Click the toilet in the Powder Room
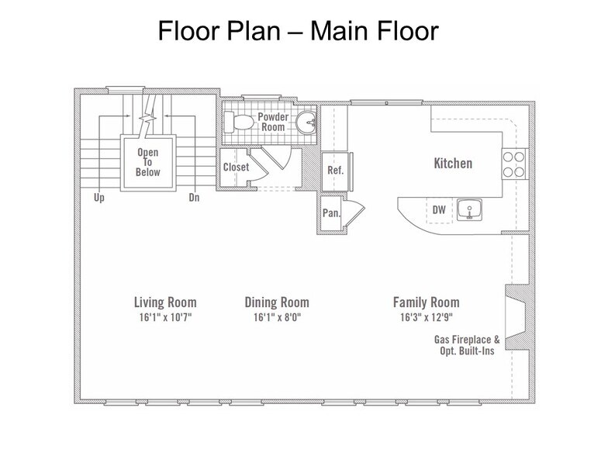[239, 122]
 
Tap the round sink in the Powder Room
[306, 122]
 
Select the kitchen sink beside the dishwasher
[469, 209]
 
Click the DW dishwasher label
[439, 209]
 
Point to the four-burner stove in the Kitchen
[513, 164]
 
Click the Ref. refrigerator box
[335, 171]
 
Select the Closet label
[236, 168]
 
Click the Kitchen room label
[453, 163]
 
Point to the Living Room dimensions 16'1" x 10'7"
[166, 318]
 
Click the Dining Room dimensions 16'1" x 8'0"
[278, 318]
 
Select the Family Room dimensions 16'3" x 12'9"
[427, 318]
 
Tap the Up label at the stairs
[99, 198]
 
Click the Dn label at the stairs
[194, 198]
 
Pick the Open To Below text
[147, 162]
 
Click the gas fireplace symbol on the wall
[516, 317]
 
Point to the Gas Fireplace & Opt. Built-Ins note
[467, 345]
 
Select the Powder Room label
[273, 122]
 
